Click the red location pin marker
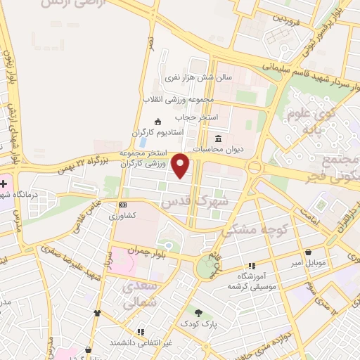coord(181,166)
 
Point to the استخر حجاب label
coord(218,116)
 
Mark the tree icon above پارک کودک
coord(199,313)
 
